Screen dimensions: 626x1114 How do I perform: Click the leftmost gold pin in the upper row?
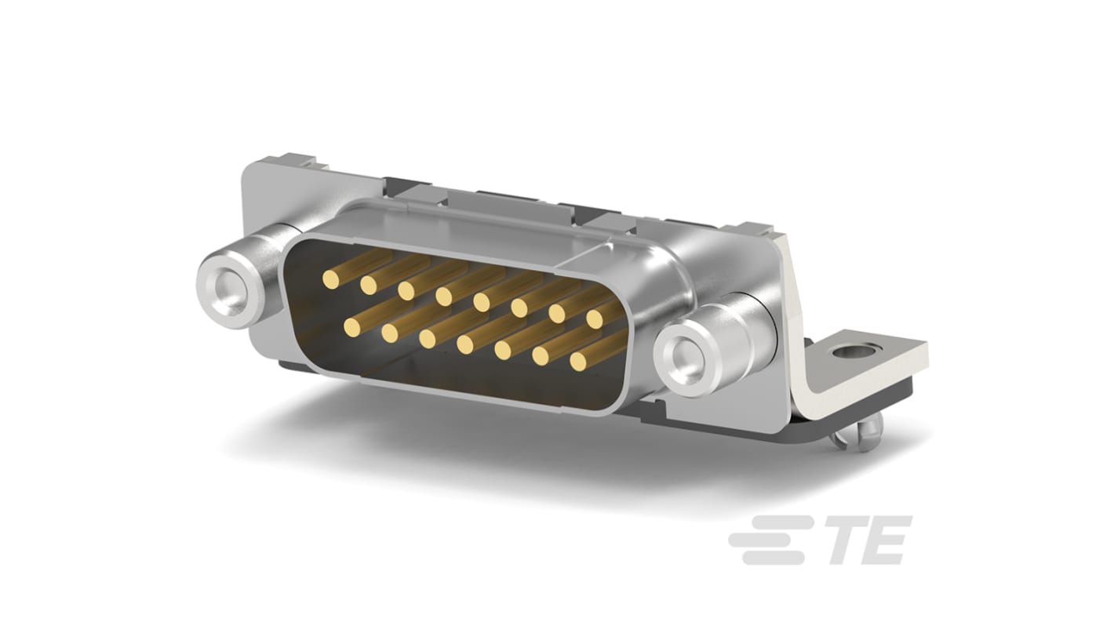click(x=329, y=277)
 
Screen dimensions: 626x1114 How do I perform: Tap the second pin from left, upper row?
click(x=368, y=285)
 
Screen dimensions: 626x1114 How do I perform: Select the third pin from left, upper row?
click(x=406, y=290)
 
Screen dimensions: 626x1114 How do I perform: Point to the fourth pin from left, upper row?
click(x=444, y=296)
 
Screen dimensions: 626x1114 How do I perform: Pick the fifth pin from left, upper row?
click(x=481, y=302)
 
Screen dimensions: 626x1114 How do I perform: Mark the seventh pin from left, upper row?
click(x=557, y=314)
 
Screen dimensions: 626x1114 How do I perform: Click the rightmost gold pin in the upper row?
click(x=595, y=318)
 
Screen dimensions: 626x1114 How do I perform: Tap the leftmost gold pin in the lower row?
click(x=351, y=326)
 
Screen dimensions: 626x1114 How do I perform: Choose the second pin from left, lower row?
click(x=389, y=333)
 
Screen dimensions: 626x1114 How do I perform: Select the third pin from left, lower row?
click(x=428, y=338)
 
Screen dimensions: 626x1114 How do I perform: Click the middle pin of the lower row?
click(x=465, y=344)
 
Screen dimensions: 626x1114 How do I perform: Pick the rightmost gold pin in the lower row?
click(x=579, y=361)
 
